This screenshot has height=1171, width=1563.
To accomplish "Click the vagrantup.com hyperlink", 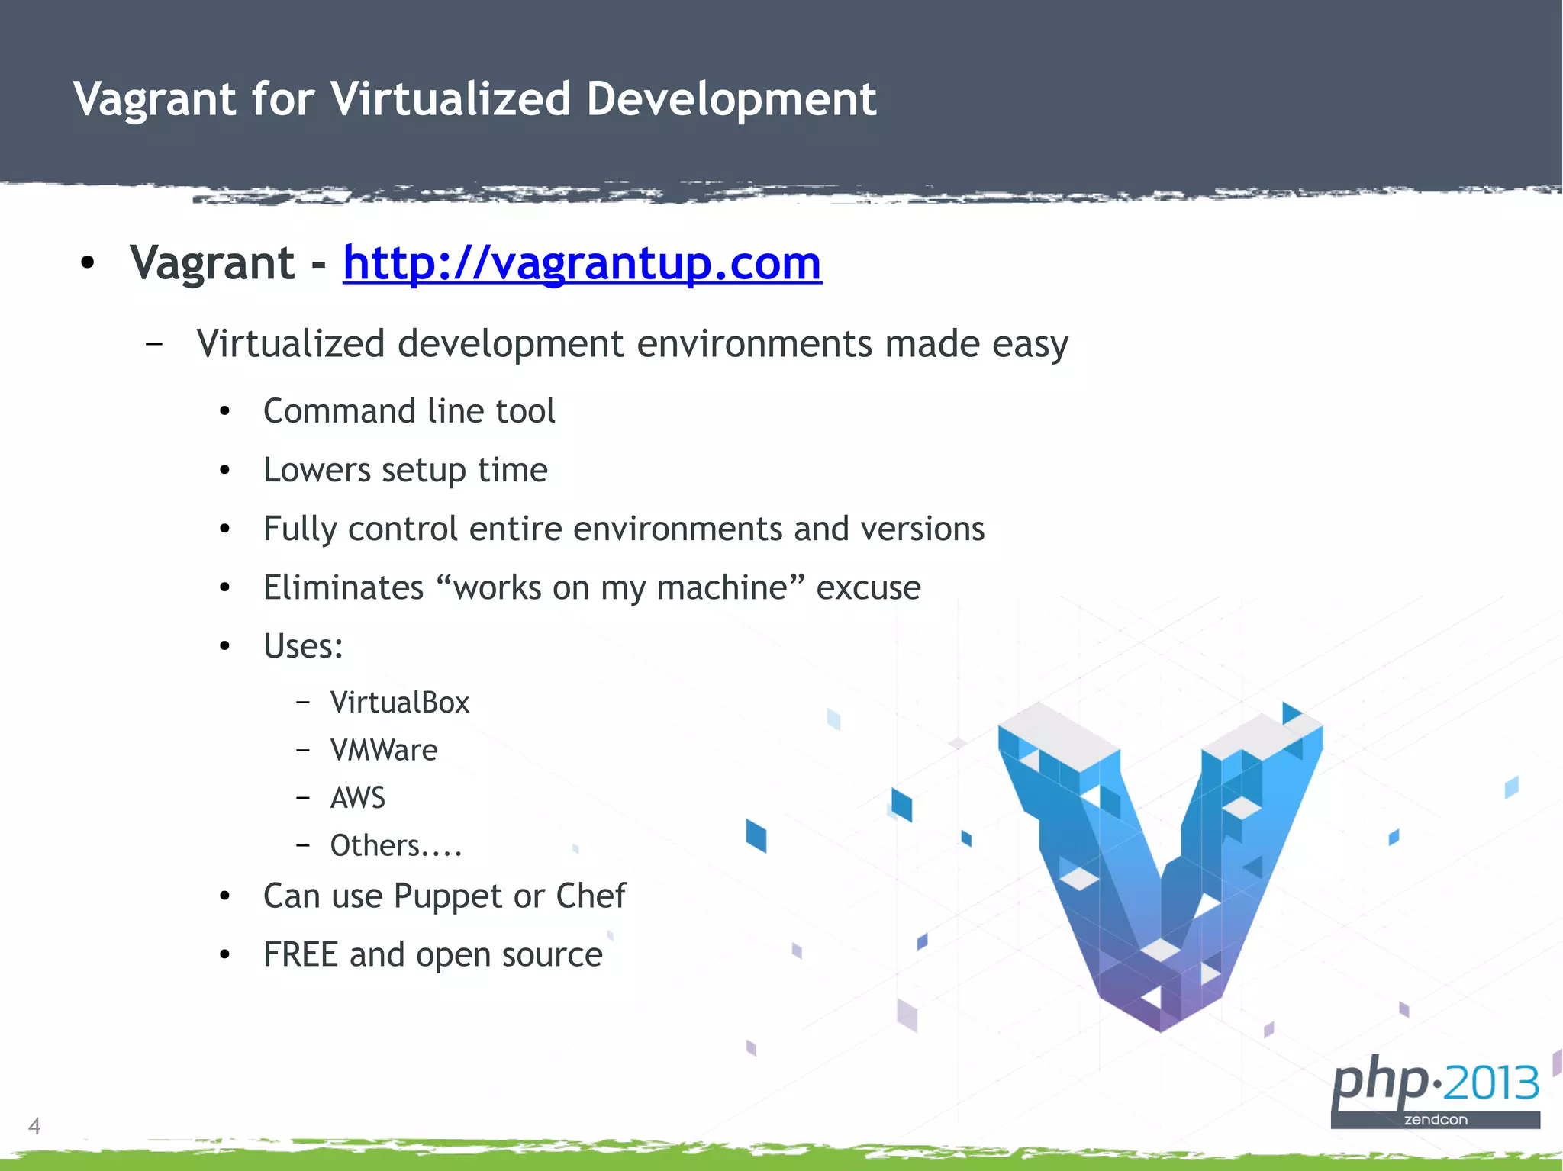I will click(582, 263).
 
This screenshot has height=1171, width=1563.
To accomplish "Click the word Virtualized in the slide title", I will click(450, 99).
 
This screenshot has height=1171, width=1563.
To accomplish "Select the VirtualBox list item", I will click(400, 703).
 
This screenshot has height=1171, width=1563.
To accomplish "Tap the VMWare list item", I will click(384, 751).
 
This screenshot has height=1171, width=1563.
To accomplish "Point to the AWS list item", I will click(358, 798).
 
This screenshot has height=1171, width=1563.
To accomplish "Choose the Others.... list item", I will click(396, 846).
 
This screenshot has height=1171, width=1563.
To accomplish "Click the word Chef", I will click(591, 896).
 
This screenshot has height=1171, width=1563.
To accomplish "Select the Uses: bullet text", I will click(303, 647).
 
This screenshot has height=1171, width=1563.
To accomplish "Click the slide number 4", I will click(34, 1125).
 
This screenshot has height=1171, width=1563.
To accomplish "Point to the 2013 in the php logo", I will click(1491, 1083).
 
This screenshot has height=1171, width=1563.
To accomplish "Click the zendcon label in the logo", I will click(1436, 1120).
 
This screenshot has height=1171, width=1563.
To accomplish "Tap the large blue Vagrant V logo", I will click(1160, 862).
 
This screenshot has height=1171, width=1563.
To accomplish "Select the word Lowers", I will click(317, 471).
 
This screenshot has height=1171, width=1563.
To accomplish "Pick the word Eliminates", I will click(343, 588).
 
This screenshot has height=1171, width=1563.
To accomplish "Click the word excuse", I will click(869, 588).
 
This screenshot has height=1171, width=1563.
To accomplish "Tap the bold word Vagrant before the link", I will click(212, 263).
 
